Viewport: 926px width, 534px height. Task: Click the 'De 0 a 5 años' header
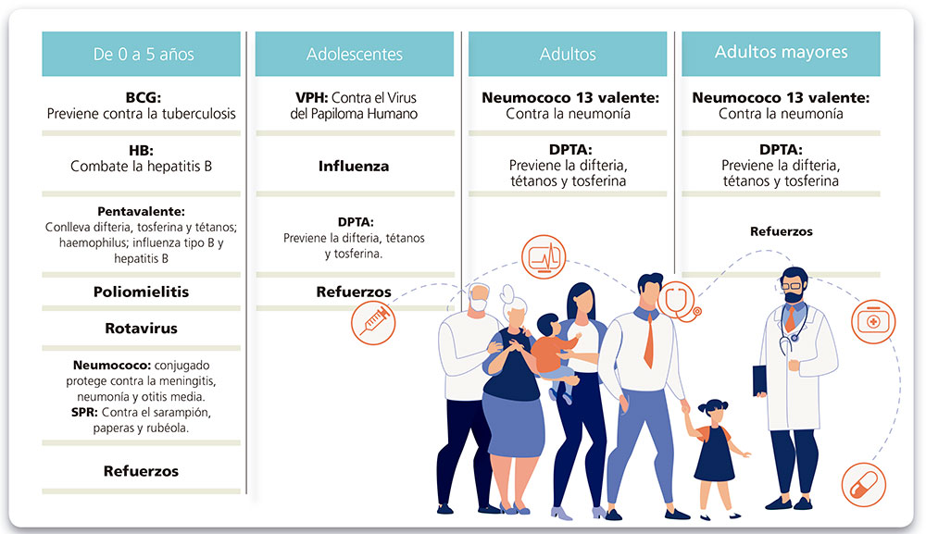(144, 55)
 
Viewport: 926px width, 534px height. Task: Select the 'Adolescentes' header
(355, 55)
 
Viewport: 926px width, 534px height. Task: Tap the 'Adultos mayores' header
(781, 53)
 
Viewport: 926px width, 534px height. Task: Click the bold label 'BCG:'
(143, 97)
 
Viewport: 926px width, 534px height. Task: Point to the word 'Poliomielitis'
(141, 292)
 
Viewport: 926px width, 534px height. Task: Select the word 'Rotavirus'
(141, 328)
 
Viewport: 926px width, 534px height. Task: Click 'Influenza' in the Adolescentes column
(354, 167)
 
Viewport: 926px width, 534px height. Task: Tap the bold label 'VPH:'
(312, 97)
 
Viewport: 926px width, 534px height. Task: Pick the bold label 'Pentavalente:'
(141, 211)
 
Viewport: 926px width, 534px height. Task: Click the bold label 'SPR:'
(84, 412)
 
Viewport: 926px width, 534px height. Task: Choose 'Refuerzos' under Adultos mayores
(782, 231)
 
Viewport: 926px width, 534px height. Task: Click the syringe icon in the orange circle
(373, 323)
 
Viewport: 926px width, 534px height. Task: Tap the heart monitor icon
(544, 256)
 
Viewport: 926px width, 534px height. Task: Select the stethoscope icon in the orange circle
(679, 301)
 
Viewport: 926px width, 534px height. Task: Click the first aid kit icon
(873, 321)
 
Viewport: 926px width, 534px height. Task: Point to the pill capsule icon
(863, 485)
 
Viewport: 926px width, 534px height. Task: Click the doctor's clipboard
(759, 380)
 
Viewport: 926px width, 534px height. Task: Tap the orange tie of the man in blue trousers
(649, 341)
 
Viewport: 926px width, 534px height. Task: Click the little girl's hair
(713, 406)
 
